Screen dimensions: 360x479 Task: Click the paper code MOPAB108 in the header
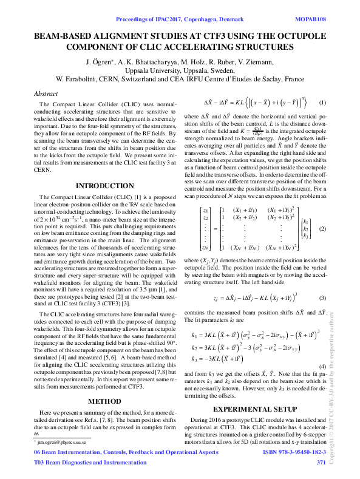309,19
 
